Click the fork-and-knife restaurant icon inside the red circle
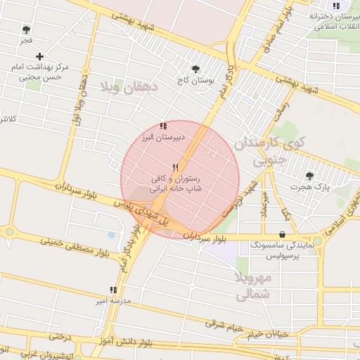click(x=176, y=168)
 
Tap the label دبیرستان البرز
click(x=163, y=137)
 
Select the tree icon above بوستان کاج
click(x=195, y=69)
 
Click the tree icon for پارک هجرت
click(x=309, y=176)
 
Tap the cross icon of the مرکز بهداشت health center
click(x=39, y=56)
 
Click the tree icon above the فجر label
click(x=26, y=30)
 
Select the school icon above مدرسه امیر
click(x=112, y=290)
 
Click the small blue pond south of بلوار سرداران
click(x=111, y=235)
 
